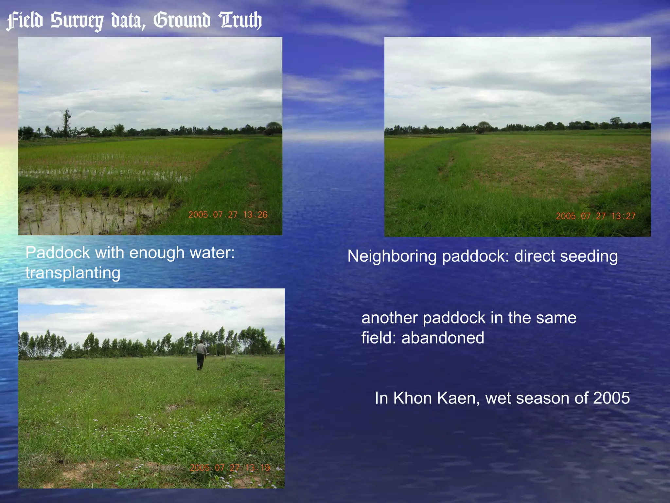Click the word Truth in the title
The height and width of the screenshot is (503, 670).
(x=241, y=20)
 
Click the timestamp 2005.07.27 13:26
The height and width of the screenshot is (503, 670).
(x=228, y=214)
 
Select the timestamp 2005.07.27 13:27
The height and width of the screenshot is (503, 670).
(x=595, y=216)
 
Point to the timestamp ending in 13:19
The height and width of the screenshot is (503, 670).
(x=230, y=467)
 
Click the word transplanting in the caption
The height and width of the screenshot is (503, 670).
(x=73, y=273)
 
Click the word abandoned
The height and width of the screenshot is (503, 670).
(x=443, y=338)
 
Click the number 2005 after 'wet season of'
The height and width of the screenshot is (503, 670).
(x=611, y=398)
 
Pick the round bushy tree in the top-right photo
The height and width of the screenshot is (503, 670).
(x=484, y=126)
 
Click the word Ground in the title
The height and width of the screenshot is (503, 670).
(x=182, y=20)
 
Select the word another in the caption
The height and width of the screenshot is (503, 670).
(x=389, y=318)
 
